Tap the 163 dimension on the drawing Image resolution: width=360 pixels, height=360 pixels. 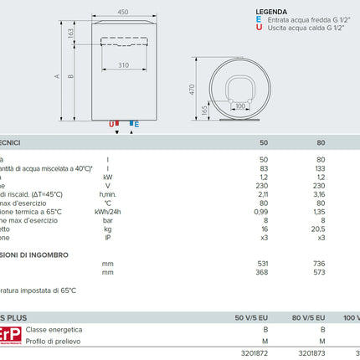click(x=71, y=33)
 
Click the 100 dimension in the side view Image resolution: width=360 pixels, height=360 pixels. click(x=242, y=106)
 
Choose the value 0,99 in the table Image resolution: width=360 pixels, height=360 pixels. click(x=260, y=213)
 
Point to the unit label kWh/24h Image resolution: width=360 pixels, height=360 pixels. click(x=110, y=213)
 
